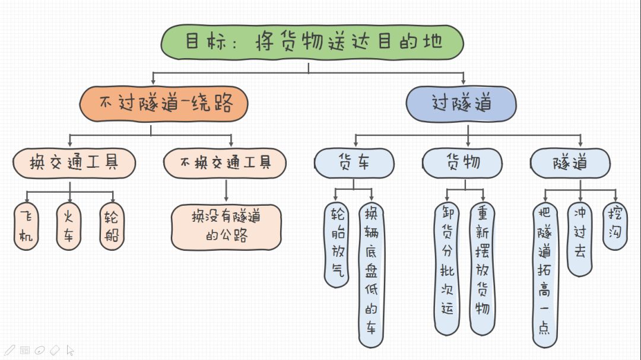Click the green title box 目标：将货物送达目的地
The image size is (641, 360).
pyautogui.click(x=312, y=42)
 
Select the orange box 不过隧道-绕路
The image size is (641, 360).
pyautogui.click(x=164, y=104)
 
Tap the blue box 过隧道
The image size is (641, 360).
pyautogui.click(x=461, y=104)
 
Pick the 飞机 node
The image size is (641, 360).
pyautogui.click(x=26, y=226)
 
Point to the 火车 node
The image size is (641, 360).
pyautogui.click(x=69, y=226)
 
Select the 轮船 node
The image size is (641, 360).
pyautogui.click(x=112, y=226)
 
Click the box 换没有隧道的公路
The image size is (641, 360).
pyautogui.click(x=226, y=227)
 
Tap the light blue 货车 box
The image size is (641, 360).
pyautogui.click(x=354, y=163)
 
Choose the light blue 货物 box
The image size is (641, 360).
pyautogui.click(x=462, y=163)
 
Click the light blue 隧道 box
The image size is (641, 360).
pyautogui.click(x=570, y=163)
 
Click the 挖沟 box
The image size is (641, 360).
pyautogui.click(x=615, y=226)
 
